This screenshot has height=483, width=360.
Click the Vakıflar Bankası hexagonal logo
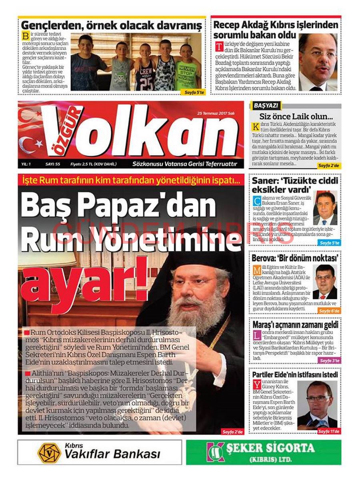pos(49,453)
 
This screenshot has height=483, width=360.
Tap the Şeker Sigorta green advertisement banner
pos(263,452)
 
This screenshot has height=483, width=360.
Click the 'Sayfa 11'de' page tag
pos(329,431)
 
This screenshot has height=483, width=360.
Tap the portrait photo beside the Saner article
pos(325,208)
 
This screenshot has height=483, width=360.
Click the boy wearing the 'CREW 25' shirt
pos(145,66)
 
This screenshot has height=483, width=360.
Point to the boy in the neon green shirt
pos(187,67)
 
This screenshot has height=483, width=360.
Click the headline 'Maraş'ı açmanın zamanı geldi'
pos(295,325)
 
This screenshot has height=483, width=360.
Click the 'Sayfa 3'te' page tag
pos(329,361)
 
